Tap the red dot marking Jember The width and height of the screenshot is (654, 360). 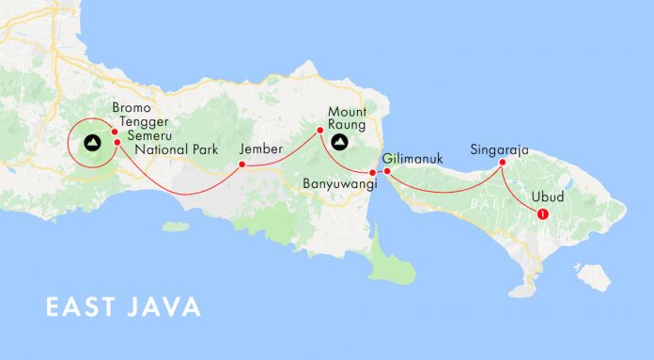pyautogui.click(x=241, y=164)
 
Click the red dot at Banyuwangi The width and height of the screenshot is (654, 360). pyautogui.click(x=373, y=173)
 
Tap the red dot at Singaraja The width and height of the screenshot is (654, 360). pyautogui.click(x=502, y=163)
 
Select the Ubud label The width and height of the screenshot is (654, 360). pyautogui.click(x=547, y=197)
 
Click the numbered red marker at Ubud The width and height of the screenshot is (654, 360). pyautogui.click(x=542, y=214)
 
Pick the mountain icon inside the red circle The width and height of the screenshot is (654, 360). pyautogui.click(x=91, y=143)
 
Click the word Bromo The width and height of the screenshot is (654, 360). pyautogui.click(x=130, y=108)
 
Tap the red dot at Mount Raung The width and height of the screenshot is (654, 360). pyautogui.click(x=319, y=130)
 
